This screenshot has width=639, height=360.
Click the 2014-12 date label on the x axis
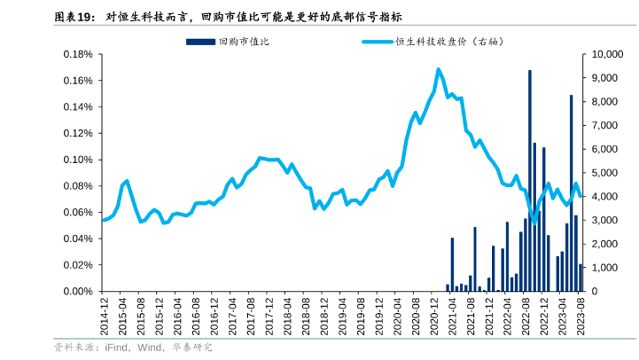pyautogui.click(x=105, y=314)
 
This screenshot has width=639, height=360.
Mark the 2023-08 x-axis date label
pyautogui.click(x=579, y=314)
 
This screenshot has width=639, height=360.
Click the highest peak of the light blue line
pyautogui.click(x=438, y=69)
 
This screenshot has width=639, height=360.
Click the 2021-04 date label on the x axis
pyautogui.click(x=451, y=314)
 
